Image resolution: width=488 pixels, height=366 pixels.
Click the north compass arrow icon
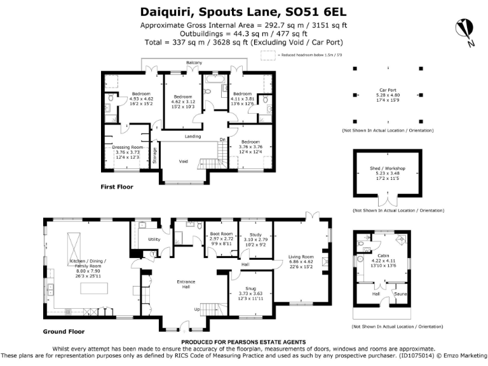465,31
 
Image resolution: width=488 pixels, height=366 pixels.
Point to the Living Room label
301,257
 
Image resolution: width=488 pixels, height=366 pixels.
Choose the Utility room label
154,240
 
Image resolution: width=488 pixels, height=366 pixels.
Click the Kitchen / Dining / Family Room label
88,262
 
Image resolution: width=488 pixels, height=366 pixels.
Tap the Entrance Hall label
186,284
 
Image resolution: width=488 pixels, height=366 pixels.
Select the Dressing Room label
128,147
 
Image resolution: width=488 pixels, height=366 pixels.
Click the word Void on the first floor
183,161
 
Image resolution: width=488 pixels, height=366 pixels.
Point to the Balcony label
194,62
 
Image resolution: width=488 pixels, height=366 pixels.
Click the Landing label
193,137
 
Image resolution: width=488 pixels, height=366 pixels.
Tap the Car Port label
388,90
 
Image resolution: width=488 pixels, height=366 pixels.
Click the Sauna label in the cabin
400,294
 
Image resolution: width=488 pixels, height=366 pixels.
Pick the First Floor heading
117,187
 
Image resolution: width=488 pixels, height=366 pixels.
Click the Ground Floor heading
64,332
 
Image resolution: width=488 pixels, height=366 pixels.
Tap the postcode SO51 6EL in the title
322,11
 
